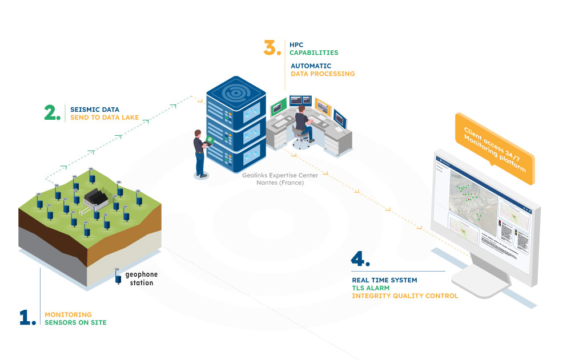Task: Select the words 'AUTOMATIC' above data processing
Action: tap(311, 66)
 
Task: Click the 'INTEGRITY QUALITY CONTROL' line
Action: tap(405, 296)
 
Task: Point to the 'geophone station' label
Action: tap(139, 279)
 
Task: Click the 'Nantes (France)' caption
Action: tap(280, 183)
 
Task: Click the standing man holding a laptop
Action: tap(200, 152)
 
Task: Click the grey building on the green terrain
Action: tap(97, 198)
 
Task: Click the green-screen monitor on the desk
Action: tap(278, 106)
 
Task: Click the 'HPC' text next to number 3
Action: tap(296, 45)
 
